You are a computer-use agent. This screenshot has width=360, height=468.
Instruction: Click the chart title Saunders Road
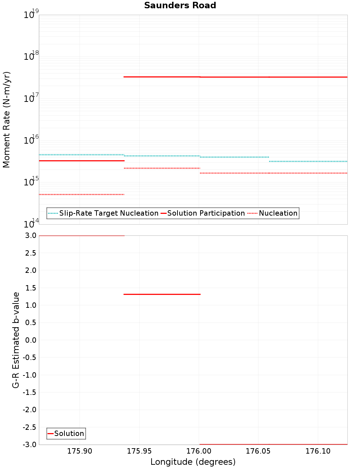tap(180, 5)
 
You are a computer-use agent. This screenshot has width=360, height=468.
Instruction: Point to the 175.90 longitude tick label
tap(80, 451)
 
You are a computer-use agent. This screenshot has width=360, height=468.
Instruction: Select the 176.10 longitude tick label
tap(318, 451)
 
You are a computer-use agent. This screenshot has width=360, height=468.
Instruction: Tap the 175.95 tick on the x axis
tap(139, 451)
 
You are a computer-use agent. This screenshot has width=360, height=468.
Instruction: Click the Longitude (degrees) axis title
tap(193, 462)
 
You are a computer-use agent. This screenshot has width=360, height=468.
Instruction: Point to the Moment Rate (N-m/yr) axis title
tap(6, 120)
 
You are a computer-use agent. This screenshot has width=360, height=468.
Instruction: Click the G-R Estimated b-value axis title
tap(16, 340)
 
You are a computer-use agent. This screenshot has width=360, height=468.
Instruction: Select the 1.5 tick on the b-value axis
tap(31, 288)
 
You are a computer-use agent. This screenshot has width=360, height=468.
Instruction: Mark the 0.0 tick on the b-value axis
tap(31, 340)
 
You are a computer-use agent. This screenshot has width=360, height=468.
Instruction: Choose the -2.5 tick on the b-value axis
tap(30, 427)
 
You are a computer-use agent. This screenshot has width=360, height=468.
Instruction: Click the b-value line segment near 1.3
tap(162, 294)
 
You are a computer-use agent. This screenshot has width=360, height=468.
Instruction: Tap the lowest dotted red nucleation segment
tap(81, 194)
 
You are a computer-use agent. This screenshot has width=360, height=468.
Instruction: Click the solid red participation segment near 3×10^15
tap(81, 161)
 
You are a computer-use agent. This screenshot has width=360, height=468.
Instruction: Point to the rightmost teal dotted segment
tap(308, 161)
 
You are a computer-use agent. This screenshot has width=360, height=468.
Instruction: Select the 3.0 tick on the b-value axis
tap(31, 235)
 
